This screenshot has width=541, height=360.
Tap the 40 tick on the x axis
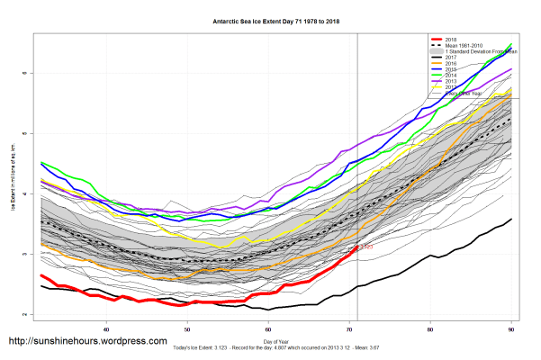point(107,326)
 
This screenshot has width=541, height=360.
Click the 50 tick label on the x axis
point(188,326)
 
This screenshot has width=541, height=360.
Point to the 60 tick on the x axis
point(269,326)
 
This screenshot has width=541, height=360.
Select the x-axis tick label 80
point(430,326)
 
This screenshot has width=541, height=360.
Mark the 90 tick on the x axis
point(511,326)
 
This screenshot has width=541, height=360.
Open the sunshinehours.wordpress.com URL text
point(87,342)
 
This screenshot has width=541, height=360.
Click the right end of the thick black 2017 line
point(511,219)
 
